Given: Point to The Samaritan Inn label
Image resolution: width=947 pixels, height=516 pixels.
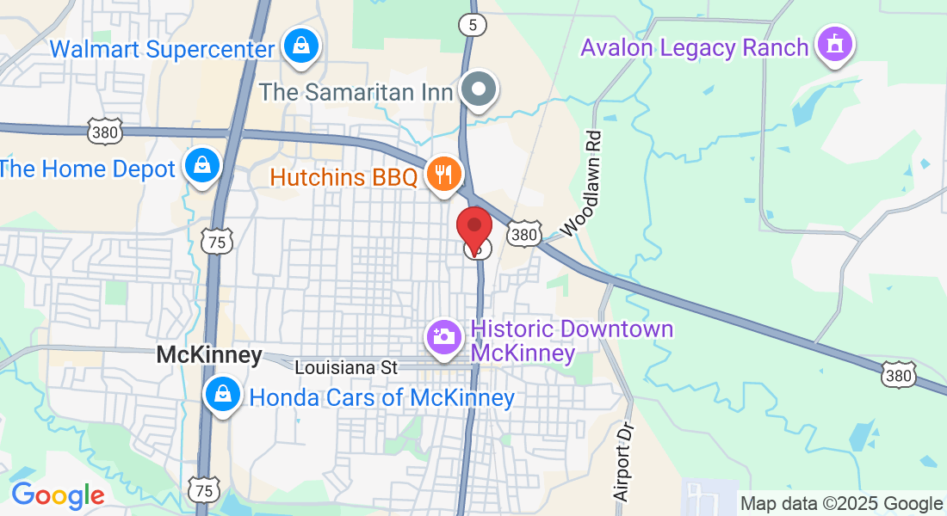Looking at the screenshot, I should [356, 90].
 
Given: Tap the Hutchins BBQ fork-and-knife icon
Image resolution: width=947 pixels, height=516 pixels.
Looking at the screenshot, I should [444, 175].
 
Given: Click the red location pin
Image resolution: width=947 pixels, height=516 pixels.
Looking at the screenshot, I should [473, 229].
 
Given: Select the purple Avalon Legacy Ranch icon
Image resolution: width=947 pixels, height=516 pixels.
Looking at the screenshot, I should [833, 45].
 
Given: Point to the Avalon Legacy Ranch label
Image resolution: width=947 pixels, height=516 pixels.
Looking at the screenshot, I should [695, 46].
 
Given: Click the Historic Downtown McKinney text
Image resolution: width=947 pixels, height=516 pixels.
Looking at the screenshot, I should [573, 341].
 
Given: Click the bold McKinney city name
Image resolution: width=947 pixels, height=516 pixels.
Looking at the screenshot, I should [209, 355].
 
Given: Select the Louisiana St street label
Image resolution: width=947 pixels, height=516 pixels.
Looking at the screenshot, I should [346, 367].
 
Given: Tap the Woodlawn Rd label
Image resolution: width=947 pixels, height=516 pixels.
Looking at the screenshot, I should [580, 184].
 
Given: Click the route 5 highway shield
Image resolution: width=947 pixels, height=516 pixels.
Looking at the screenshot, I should [472, 26].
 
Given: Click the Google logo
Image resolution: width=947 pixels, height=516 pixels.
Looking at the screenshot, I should [58, 496].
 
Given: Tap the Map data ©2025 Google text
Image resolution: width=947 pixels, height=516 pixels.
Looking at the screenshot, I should [842, 504].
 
